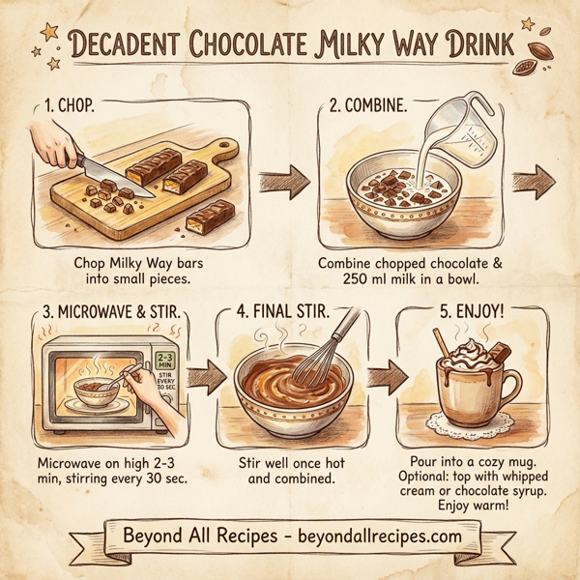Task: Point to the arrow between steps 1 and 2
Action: tap(283, 180)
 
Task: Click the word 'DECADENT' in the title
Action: tap(134, 43)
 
